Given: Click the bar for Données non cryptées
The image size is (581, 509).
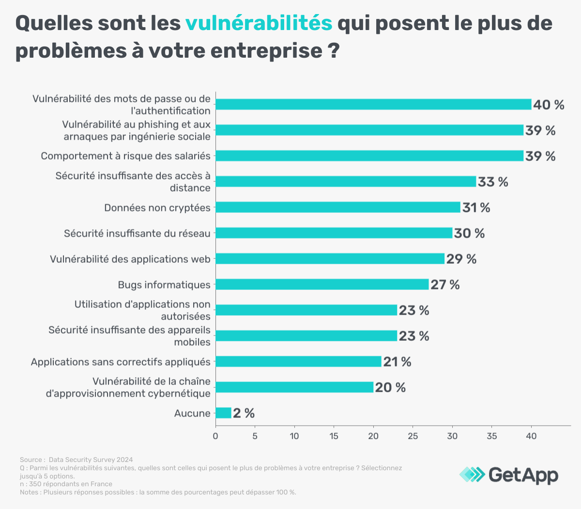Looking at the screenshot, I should tap(337, 207).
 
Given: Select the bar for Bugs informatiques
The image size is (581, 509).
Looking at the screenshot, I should tap(322, 285).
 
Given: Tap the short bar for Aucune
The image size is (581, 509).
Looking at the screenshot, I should tap(223, 413).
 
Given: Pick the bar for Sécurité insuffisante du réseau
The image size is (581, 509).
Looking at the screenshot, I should tap(334, 233).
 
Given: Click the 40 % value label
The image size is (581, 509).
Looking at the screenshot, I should tap(549, 105).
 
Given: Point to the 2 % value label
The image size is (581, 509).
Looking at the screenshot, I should tap(244, 413).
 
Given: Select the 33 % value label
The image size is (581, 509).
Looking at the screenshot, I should tap(493, 182).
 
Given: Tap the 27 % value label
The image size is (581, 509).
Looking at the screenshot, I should tap(445, 285).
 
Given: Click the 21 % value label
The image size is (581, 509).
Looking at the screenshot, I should tap(397, 362).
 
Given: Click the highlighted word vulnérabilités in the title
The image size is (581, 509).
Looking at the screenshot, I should tap(259, 23).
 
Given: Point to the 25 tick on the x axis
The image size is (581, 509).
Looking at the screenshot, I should tap(413, 436).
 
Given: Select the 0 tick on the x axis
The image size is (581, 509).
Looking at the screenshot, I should tap(215, 436).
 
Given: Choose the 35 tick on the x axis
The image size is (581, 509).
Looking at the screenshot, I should tap(491, 436).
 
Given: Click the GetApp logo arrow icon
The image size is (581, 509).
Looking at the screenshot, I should tap(472, 474).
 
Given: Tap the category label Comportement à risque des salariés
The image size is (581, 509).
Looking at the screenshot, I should tap(125, 156).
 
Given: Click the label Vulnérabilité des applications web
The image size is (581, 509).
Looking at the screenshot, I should tap(130, 259).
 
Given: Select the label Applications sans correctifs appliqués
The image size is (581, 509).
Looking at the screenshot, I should tap(121, 362).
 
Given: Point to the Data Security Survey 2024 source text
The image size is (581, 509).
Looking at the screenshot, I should tap(91, 460).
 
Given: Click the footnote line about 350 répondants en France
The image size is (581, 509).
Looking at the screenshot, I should tap(66, 484).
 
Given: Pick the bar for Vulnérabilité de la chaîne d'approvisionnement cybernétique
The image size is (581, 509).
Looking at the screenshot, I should tap(294, 387).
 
